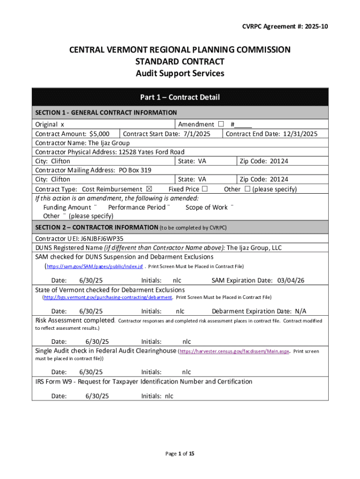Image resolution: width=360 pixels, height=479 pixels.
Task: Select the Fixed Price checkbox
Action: click(204, 189)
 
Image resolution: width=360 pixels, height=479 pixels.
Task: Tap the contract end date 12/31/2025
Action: click(299, 134)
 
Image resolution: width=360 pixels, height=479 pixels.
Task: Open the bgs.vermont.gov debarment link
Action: click(108, 297)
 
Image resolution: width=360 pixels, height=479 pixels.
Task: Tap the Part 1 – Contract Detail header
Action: click(180, 97)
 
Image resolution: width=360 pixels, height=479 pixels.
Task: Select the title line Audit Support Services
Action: click(180, 73)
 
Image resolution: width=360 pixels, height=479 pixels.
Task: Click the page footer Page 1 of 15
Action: click(180, 454)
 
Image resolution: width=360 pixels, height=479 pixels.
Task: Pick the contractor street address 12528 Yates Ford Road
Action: click(151, 152)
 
